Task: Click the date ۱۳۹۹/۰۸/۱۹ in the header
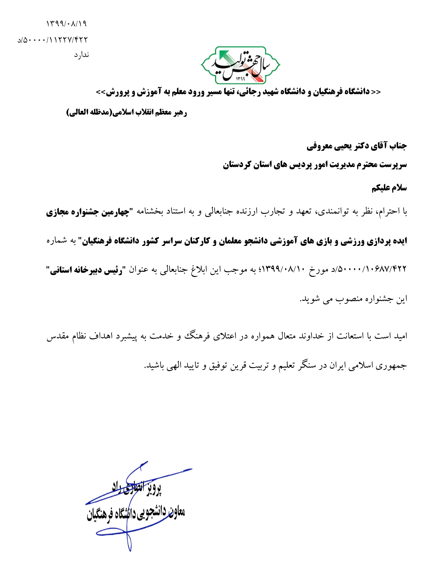pyautogui.click(x=66, y=24)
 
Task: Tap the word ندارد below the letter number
pyautogui.click(x=81, y=55)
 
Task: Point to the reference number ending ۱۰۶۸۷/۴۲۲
pyautogui.click(x=371, y=270)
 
